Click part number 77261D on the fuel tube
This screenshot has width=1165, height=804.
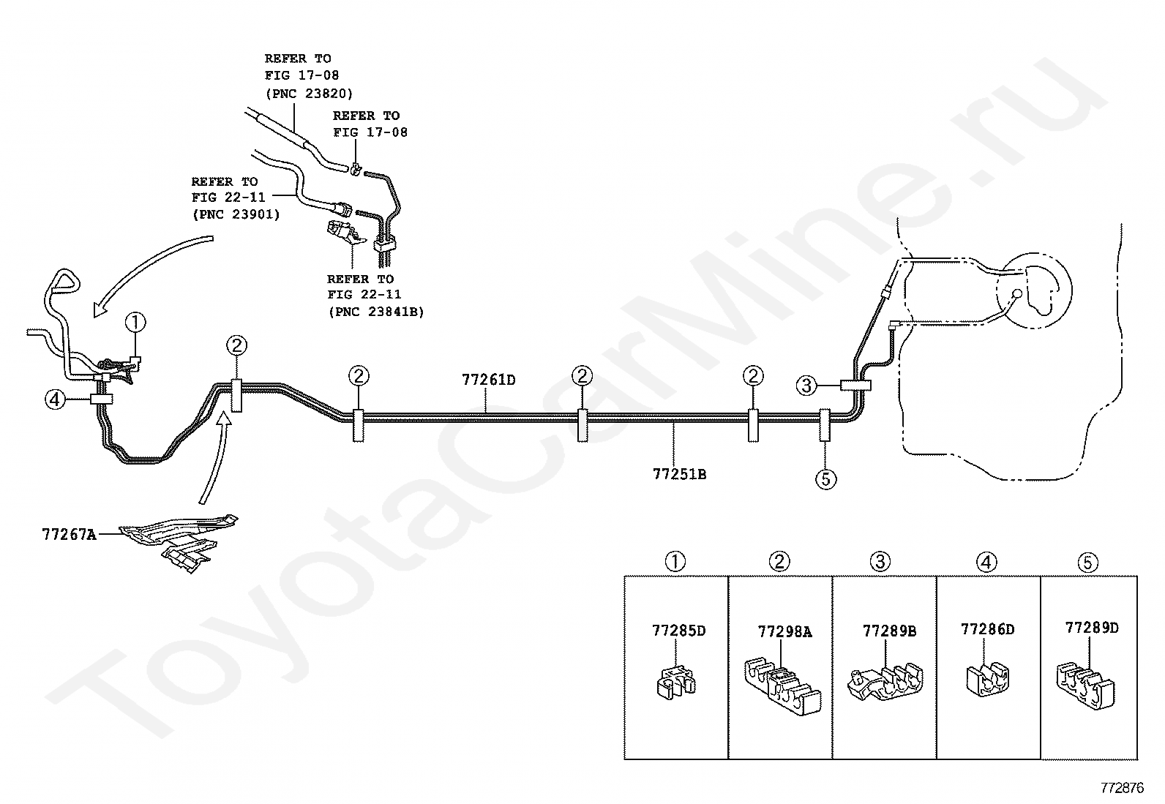488,380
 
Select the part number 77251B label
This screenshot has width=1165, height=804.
679,474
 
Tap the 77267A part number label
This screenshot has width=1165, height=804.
69,534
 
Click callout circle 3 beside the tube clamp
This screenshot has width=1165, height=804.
806,385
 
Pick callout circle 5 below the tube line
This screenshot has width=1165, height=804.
825,479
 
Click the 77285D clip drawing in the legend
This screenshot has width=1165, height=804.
674,682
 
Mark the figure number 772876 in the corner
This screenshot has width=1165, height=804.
1122,788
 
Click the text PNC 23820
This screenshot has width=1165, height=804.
309,94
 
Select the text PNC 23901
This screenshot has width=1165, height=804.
236,215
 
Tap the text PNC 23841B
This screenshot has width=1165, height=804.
375,312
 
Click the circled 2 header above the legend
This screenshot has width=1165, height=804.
779,562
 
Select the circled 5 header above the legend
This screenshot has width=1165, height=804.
1087,562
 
